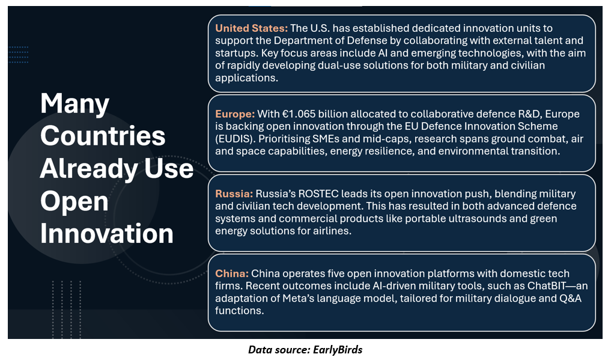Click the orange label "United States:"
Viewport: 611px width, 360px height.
click(251, 28)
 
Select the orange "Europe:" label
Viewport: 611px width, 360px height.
click(235, 114)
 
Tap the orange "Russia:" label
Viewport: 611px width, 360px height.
click(234, 194)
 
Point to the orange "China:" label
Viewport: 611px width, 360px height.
click(232, 273)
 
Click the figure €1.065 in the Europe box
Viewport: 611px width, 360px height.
click(298, 114)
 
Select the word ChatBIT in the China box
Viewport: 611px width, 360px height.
click(546, 285)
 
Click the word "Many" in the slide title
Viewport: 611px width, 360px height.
click(75, 104)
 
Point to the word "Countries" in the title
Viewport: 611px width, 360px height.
click(103, 136)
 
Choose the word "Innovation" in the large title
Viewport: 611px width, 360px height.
click(107, 233)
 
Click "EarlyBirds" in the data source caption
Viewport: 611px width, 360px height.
click(338, 349)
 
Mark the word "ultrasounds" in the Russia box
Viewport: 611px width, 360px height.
click(478, 219)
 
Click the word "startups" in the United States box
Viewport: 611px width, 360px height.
click(236, 53)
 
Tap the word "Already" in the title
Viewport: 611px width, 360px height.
click(88, 169)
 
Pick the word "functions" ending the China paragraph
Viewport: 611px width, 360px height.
click(239, 311)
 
